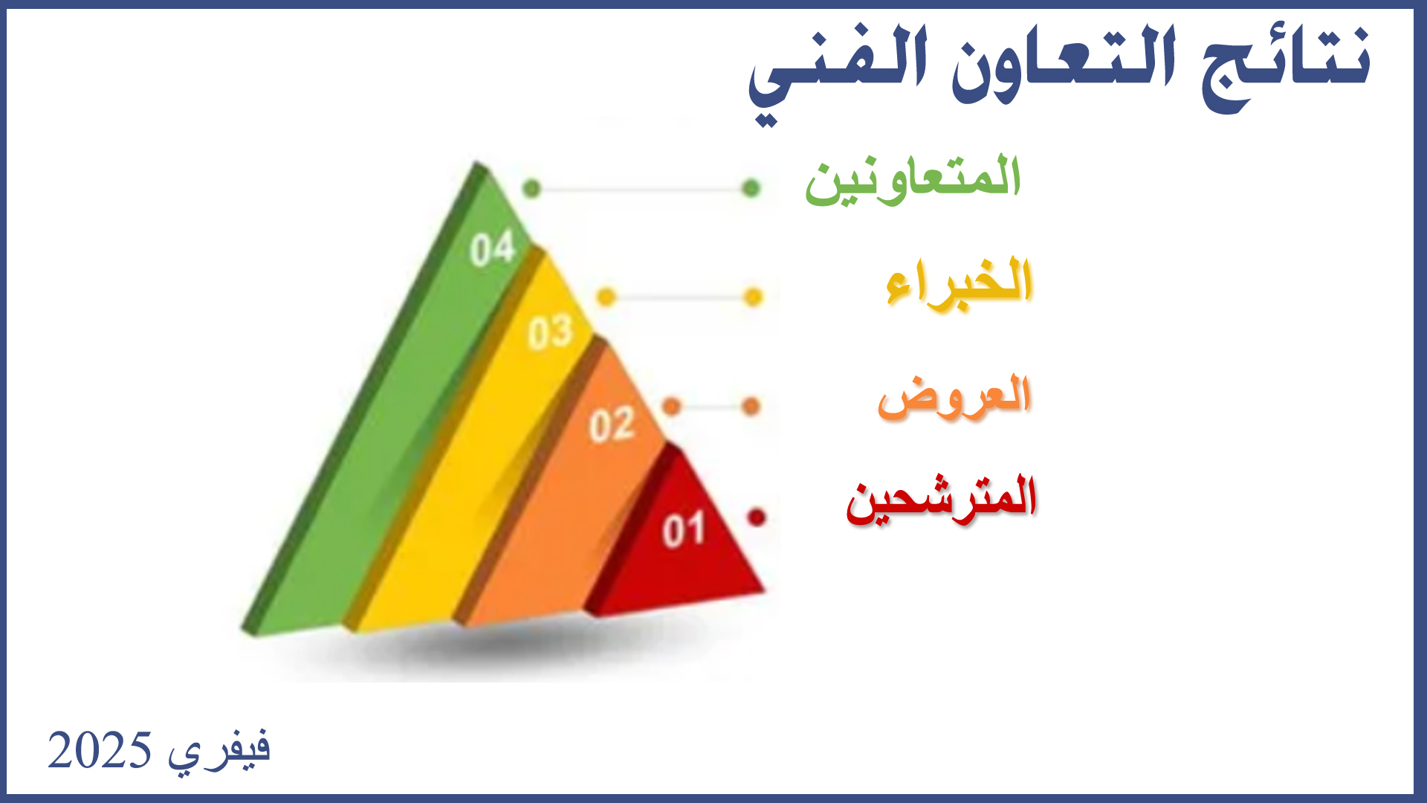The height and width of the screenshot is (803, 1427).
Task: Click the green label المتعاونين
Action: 913,179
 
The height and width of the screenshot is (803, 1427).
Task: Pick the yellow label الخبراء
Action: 960,282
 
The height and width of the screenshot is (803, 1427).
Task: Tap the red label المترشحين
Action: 941,499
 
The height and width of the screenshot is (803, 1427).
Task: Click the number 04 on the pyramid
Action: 493,248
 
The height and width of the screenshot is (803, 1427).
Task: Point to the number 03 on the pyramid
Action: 551,332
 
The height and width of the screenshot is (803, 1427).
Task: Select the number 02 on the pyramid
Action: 612,425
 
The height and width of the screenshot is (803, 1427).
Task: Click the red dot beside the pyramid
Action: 757,517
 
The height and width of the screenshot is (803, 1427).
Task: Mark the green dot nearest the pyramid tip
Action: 531,189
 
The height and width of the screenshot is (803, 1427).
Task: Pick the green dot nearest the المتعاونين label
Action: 751,188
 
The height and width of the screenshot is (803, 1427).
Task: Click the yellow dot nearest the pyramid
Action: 606,297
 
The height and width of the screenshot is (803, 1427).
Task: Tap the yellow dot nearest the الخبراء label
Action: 754,297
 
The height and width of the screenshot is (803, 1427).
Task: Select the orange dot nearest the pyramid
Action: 671,407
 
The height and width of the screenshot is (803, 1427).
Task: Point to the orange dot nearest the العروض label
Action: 751,407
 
